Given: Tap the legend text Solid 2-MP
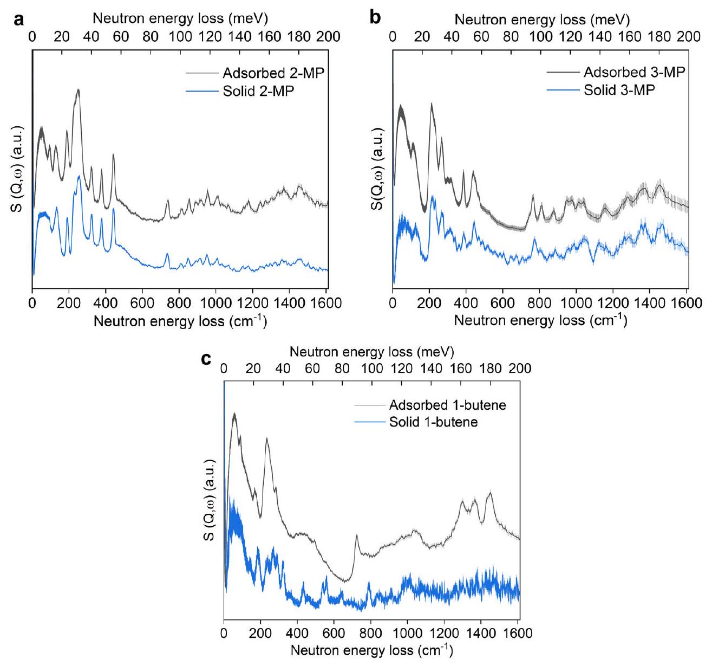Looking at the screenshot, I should [x=258, y=91].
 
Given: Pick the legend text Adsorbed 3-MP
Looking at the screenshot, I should [x=634, y=73].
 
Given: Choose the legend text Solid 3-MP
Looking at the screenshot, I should [x=619, y=90].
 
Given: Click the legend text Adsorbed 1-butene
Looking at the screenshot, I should [x=447, y=405].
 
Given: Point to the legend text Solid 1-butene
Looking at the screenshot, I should [x=433, y=422].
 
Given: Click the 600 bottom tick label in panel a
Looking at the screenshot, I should [x=142, y=302].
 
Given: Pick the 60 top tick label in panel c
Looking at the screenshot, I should [x=312, y=369].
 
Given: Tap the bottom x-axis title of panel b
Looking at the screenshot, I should [x=540, y=321].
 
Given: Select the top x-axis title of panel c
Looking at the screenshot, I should [x=371, y=352].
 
